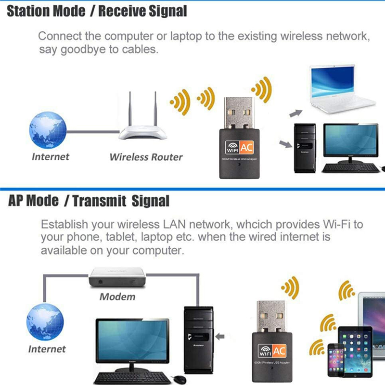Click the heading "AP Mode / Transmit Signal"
pos(89,201)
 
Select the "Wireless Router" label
pos(146,157)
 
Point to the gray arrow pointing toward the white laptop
pos(295,113)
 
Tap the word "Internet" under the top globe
pos(51,156)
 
